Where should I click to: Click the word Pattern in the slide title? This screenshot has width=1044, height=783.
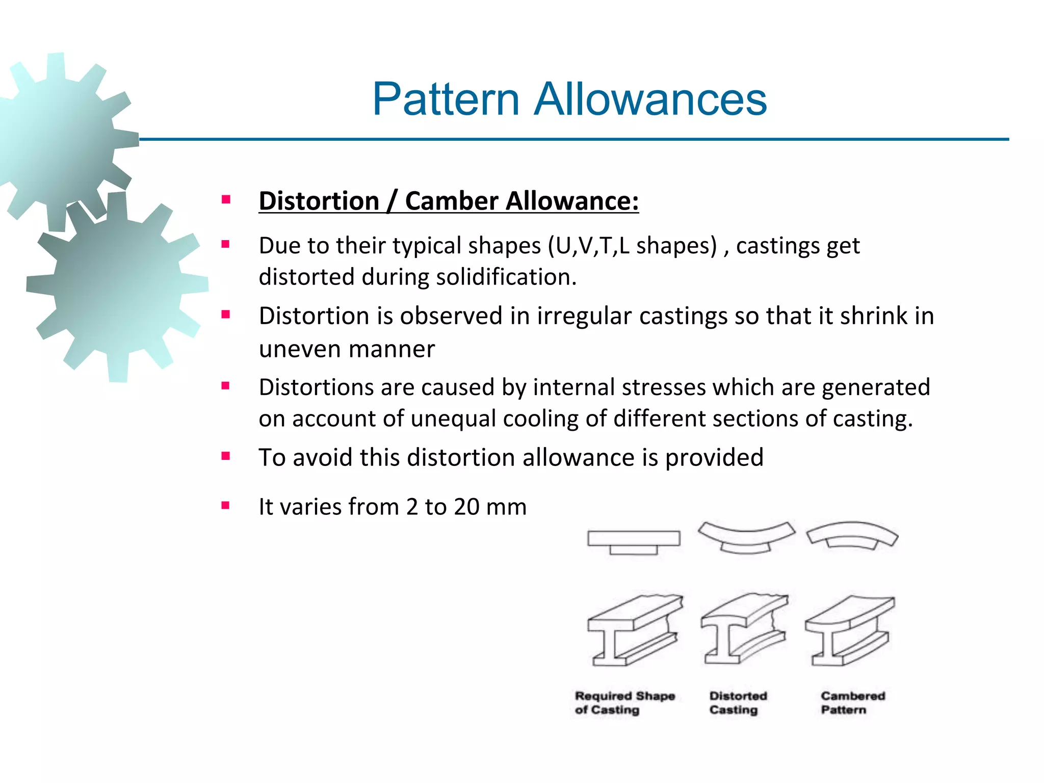coord(446,99)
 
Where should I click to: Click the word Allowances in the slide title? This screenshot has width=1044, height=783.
coord(650,99)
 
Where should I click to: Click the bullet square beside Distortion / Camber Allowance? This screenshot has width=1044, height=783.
coord(226,199)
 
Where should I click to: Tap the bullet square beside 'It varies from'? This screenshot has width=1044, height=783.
coord(226,506)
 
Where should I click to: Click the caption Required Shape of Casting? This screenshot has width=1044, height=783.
coord(624,703)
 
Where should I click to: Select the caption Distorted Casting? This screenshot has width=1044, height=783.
coord(738,703)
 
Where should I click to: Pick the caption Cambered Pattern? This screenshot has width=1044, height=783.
coord(852,703)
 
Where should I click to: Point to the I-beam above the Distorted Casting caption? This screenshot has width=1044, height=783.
coord(744,630)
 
